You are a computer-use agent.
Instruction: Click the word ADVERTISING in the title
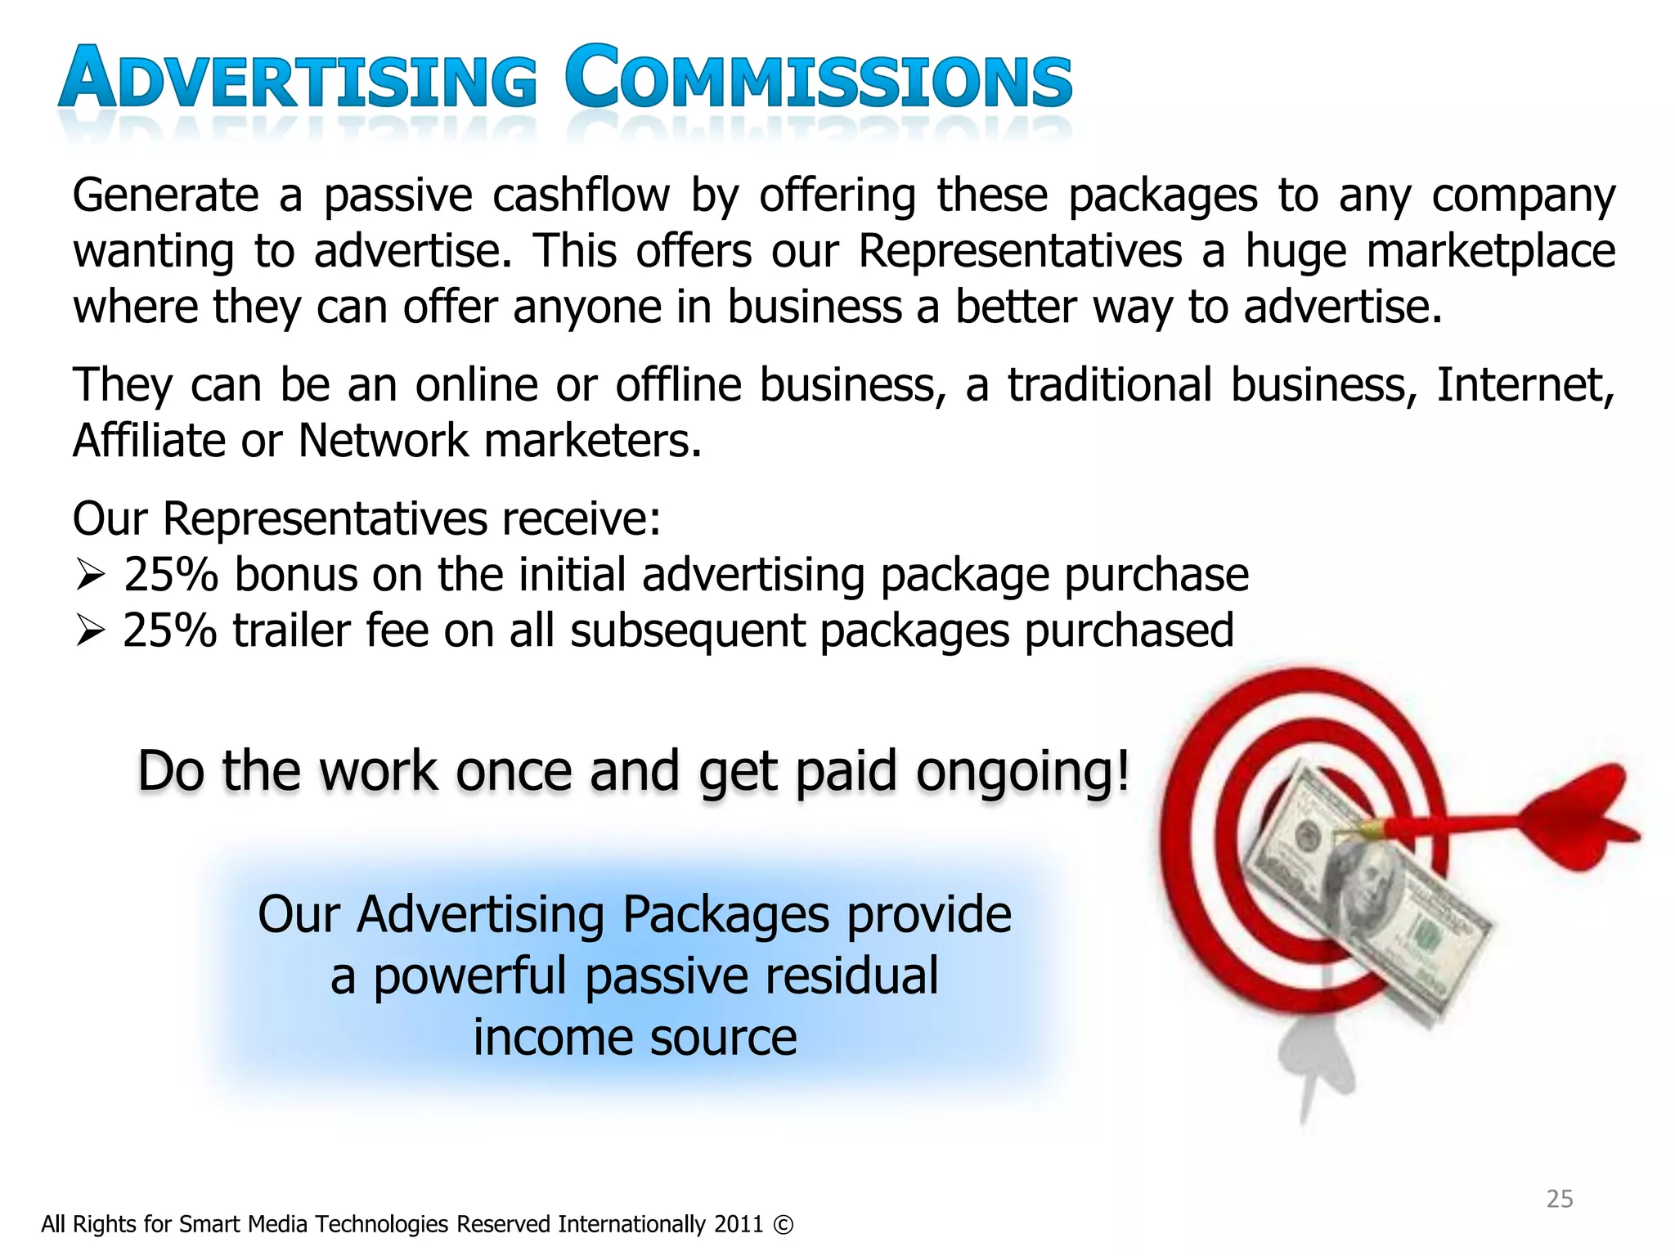tap(299, 79)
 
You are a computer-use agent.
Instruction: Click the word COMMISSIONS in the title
tap(818, 79)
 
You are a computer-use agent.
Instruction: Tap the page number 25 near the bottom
tap(1559, 1199)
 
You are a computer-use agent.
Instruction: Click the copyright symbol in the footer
tap(783, 1225)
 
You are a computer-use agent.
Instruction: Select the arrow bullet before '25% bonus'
tap(89, 575)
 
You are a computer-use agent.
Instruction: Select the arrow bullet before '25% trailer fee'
tap(89, 631)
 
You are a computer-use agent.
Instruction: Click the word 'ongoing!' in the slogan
tap(1022, 771)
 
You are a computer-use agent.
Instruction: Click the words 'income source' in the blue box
tap(635, 1038)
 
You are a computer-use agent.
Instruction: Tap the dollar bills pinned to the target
tap(1366, 891)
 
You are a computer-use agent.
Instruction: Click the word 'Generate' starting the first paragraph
tap(165, 196)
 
